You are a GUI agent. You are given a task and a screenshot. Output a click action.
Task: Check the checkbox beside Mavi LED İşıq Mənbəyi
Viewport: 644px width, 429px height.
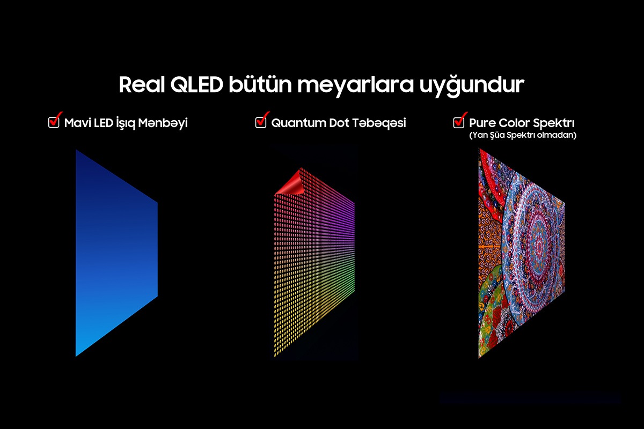[x=54, y=122]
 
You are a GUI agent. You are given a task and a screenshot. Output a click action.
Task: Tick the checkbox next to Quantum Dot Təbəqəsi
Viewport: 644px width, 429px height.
[x=260, y=122]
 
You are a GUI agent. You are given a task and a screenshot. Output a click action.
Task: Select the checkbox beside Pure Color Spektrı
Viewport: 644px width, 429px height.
[x=458, y=122]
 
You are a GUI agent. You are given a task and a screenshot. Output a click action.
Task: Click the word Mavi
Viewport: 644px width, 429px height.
[x=77, y=123]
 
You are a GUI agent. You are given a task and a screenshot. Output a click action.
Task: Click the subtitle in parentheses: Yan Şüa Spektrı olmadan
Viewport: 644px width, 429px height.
[x=522, y=136]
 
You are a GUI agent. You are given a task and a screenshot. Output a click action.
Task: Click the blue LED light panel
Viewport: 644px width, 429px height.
[x=115, y=252]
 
